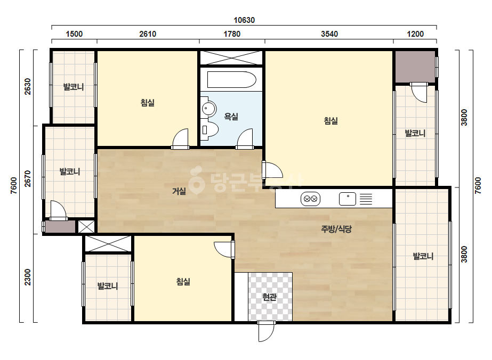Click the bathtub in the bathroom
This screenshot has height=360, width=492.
[x=231, y=80]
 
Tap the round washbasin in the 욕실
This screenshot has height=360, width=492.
[x=208, y=109]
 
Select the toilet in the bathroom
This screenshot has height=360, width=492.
[x=209, y=129]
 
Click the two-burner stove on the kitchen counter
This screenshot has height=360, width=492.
[x=310, y=199]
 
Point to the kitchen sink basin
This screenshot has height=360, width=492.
[x=348, y=199]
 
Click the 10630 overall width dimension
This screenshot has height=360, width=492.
[x=244, y=20]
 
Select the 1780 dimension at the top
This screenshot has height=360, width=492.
[x=232, y=34]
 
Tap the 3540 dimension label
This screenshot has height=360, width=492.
[x=329, y=34]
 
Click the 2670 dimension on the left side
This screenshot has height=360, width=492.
[x=28, y=179]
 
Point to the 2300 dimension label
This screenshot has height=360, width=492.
[x=28, y=277]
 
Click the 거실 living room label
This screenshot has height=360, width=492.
[x=179, y=191]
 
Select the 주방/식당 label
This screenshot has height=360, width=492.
[x=336, y=229]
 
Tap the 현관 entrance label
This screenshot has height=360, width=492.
[x=269, y=297]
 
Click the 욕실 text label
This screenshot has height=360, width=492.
[x=231, y=117]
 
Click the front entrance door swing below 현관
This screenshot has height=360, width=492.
[x=266, y=331]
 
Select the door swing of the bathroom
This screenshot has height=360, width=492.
[x=245, y=139]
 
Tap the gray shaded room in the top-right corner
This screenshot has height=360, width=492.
[x=415, y=67]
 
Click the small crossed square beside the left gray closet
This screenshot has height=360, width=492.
[x=86, y=227]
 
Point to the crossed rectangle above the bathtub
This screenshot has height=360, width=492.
[x=231, y=58]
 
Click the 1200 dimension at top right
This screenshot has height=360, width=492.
[x=415, y=34]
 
